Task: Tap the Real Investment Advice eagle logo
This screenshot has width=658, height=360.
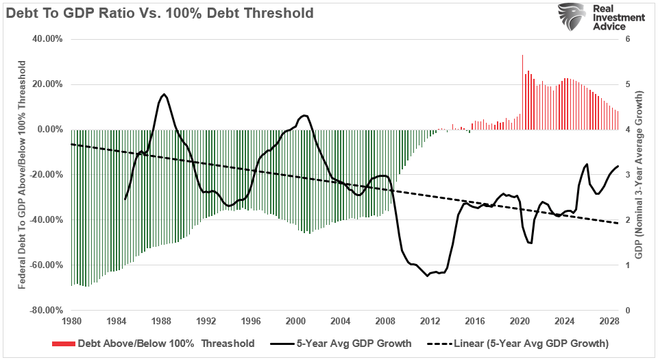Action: tap(571, 16)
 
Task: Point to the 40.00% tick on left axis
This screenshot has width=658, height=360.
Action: tap(46, 39)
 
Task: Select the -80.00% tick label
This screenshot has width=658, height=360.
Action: tap(45, 310)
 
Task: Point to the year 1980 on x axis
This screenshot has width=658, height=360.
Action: tap(71, 321)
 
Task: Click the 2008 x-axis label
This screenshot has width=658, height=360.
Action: tap(385, 321)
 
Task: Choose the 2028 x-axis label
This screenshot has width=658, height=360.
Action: tap(609, 321)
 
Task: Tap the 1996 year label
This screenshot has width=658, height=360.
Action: tap(250, 321)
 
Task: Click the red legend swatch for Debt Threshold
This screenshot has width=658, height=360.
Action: tap(62, 344)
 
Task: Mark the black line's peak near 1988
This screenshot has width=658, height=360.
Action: tap(164, 94)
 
